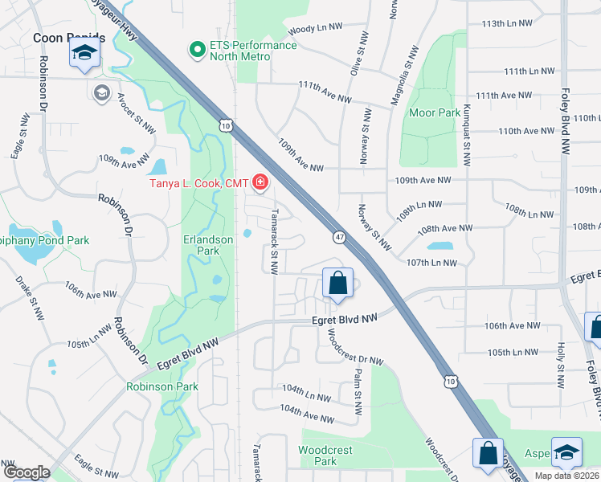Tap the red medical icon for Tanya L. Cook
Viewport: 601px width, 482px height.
coord(260,185)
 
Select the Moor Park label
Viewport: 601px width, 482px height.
coord(435,112)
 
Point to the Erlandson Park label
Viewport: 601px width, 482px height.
coord(207,245)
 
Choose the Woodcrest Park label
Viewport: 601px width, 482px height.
coord(325,455)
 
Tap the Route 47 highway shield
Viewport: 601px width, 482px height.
coord(340,236)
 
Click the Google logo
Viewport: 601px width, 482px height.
coord(26,472)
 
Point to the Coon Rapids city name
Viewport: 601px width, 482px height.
coord(68,37)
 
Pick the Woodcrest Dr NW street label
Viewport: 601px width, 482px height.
coord(354,350)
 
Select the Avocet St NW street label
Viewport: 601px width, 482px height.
coord(135,114)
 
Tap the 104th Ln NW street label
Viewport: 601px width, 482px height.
coord(305,396)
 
